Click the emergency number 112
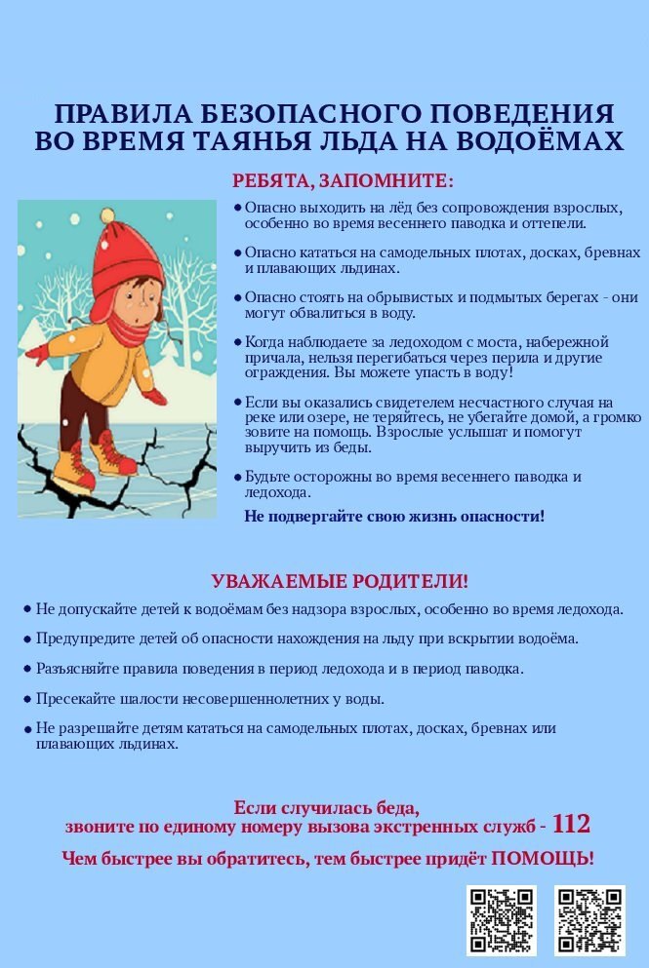[x=571, y=825]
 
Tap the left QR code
[x=501, y=919]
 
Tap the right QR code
[x=589, y=919]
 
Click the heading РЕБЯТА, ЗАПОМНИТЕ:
[x=343, y=181]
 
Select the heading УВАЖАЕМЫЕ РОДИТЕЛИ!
[x=340, y=582]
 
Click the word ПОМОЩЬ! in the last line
[x=543, y=859]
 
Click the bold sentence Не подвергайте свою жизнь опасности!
[x=394, y=517]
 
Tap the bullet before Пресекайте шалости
[x=27, y=699]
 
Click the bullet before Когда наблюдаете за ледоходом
[x=237, y=342]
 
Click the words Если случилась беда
[x=327, y=807]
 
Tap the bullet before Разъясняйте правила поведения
[x=27, y=670]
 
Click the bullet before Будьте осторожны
[x=237, y=477]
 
